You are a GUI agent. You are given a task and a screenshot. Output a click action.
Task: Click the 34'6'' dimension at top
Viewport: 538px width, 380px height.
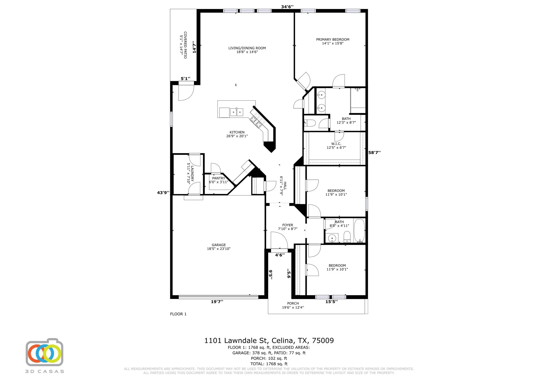coord(287,7)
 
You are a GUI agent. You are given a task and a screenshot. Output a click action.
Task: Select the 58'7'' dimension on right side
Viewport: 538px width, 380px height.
coord(374,153)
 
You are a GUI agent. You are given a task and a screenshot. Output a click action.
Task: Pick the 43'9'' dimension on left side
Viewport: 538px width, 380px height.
coord(163,193)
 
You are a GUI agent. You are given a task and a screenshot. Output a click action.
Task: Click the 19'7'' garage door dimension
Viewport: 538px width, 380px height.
coord(217,302)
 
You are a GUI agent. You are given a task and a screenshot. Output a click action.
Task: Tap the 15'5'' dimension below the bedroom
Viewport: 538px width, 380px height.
coord(331,302)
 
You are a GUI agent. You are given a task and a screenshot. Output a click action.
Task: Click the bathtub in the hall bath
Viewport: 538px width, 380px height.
coord(359,230)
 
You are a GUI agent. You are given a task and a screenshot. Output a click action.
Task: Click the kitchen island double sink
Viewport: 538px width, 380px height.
coord(236,112)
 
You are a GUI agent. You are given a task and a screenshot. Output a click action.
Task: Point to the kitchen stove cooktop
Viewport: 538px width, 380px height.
coord(256,121)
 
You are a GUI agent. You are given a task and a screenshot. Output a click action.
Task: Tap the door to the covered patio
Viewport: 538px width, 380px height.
coord(186,92)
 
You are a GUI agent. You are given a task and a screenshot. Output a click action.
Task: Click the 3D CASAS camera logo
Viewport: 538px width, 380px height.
coord(44,353)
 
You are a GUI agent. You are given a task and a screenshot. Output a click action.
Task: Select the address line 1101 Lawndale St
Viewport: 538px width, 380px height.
coord(269,340)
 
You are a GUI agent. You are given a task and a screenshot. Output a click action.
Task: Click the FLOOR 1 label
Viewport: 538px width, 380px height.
coord(178,314)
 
